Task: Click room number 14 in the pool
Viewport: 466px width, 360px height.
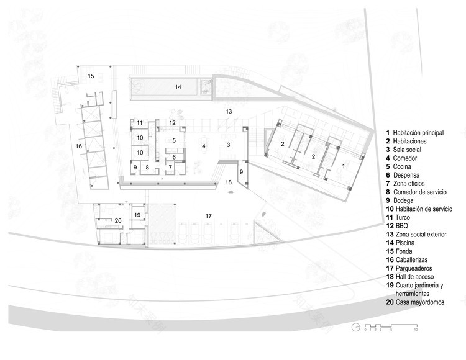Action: point(178,88)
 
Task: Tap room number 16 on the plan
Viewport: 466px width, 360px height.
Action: point(78,146)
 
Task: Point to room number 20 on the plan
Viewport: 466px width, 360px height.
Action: point(118,220)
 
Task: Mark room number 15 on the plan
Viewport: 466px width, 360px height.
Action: point(91,76)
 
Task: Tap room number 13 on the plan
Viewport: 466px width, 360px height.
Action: point(229,112)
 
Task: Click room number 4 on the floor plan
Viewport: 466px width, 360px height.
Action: point(203,146)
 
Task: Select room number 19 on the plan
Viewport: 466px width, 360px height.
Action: point(138,215)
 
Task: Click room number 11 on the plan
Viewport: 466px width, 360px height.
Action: point(140,123)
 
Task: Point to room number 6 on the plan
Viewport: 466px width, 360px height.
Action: point(175,157)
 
